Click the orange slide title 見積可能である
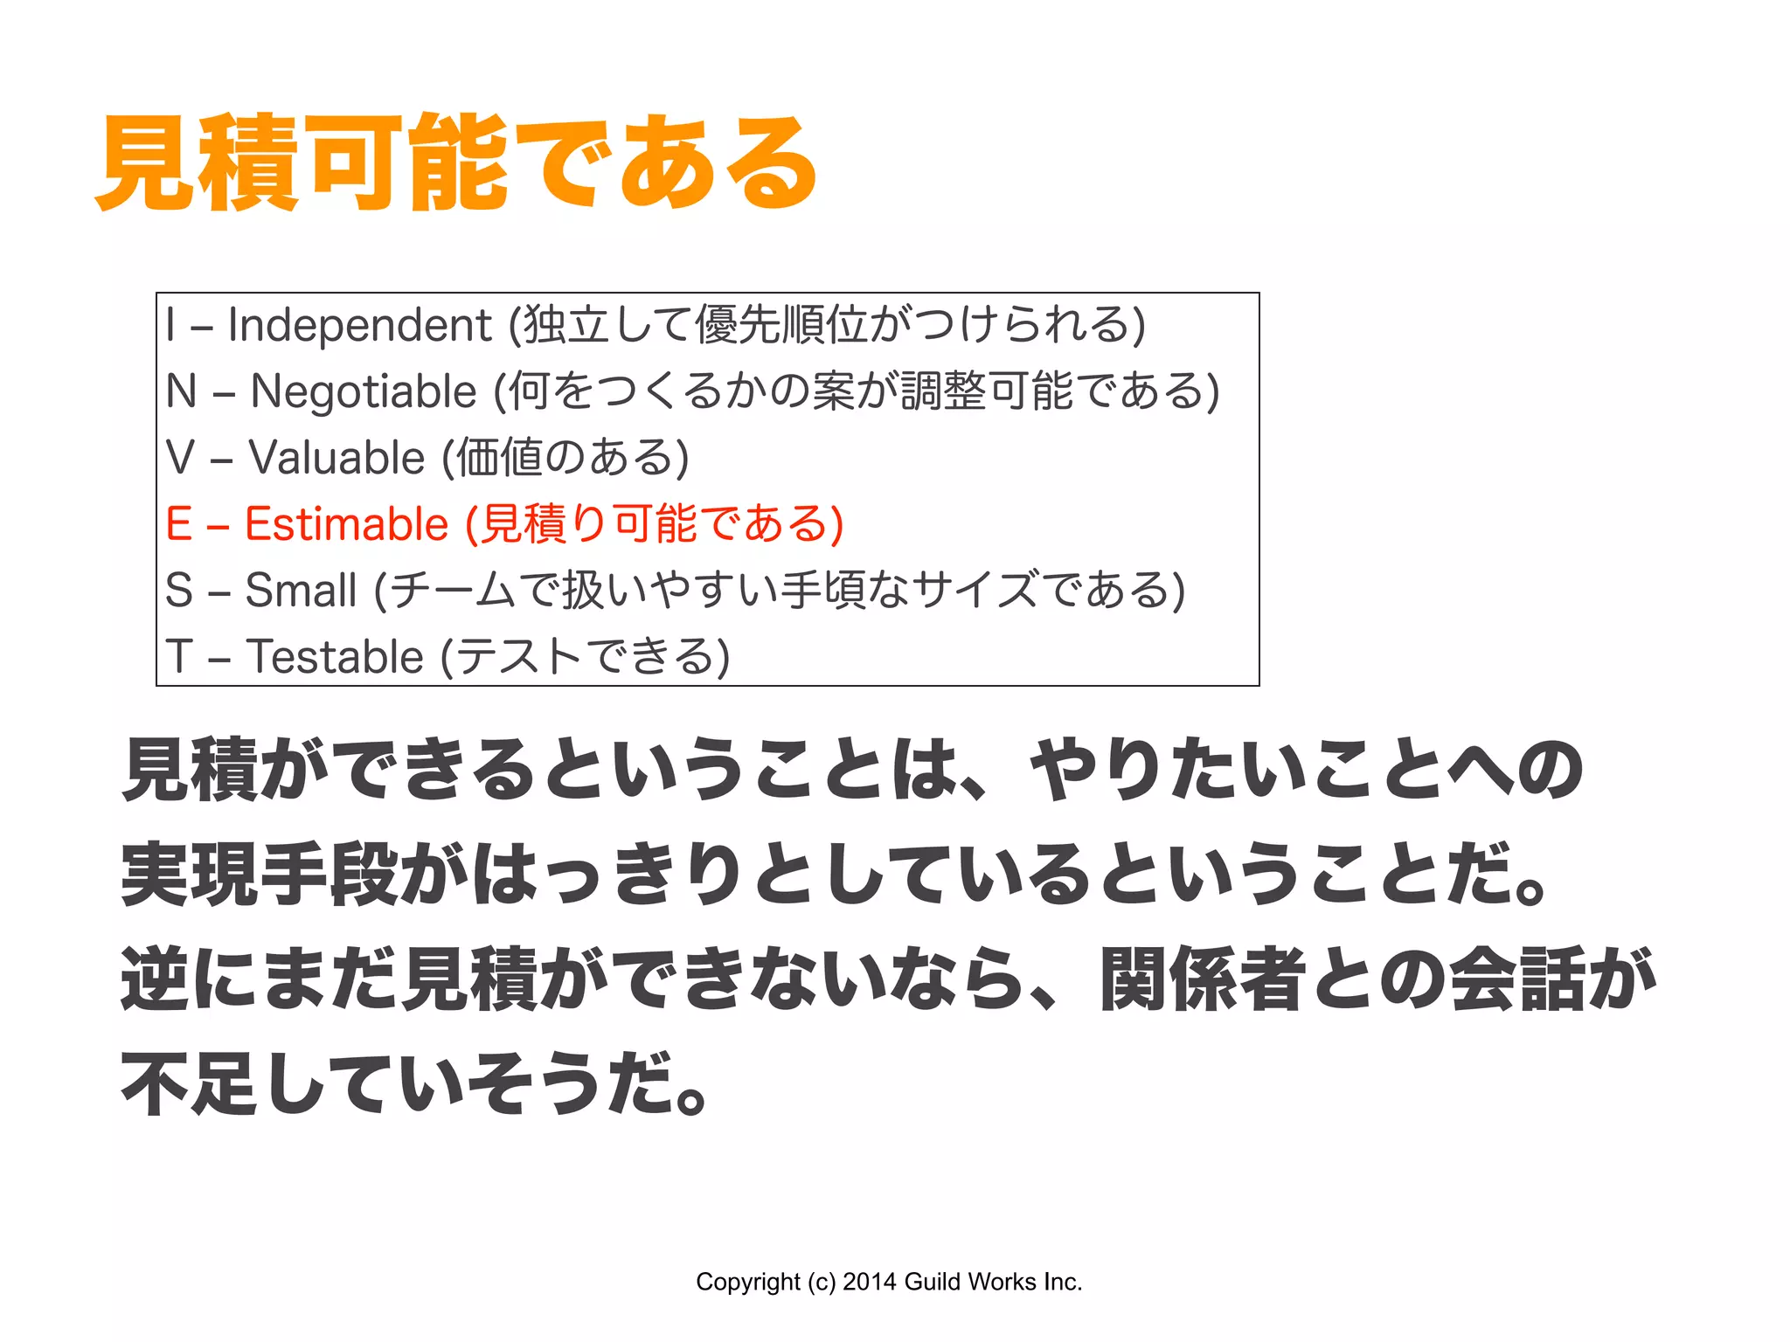[x=456, y=163]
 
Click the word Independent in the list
[x=359, y=325]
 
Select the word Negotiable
[x=364, y=391]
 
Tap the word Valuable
[x=336, y=458]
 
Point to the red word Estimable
[x=346, y=524]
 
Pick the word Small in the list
[x=301, y=590]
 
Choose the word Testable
[x=335, y=656]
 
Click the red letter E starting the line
[x=178, y=524]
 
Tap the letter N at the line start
[x=181, y=391]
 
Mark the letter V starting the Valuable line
[x=180, y=458]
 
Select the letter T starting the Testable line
[x=179, y=656]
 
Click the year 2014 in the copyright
[x=870, y=1282]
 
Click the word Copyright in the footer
[x=747, y=1282]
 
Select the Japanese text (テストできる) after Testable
[x=585, y=656]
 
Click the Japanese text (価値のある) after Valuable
[x=565, y=458]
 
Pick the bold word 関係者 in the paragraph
[x=1203, y=979]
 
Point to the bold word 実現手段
[x=260, y=875]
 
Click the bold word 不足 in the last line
[x=190, y=1083]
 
